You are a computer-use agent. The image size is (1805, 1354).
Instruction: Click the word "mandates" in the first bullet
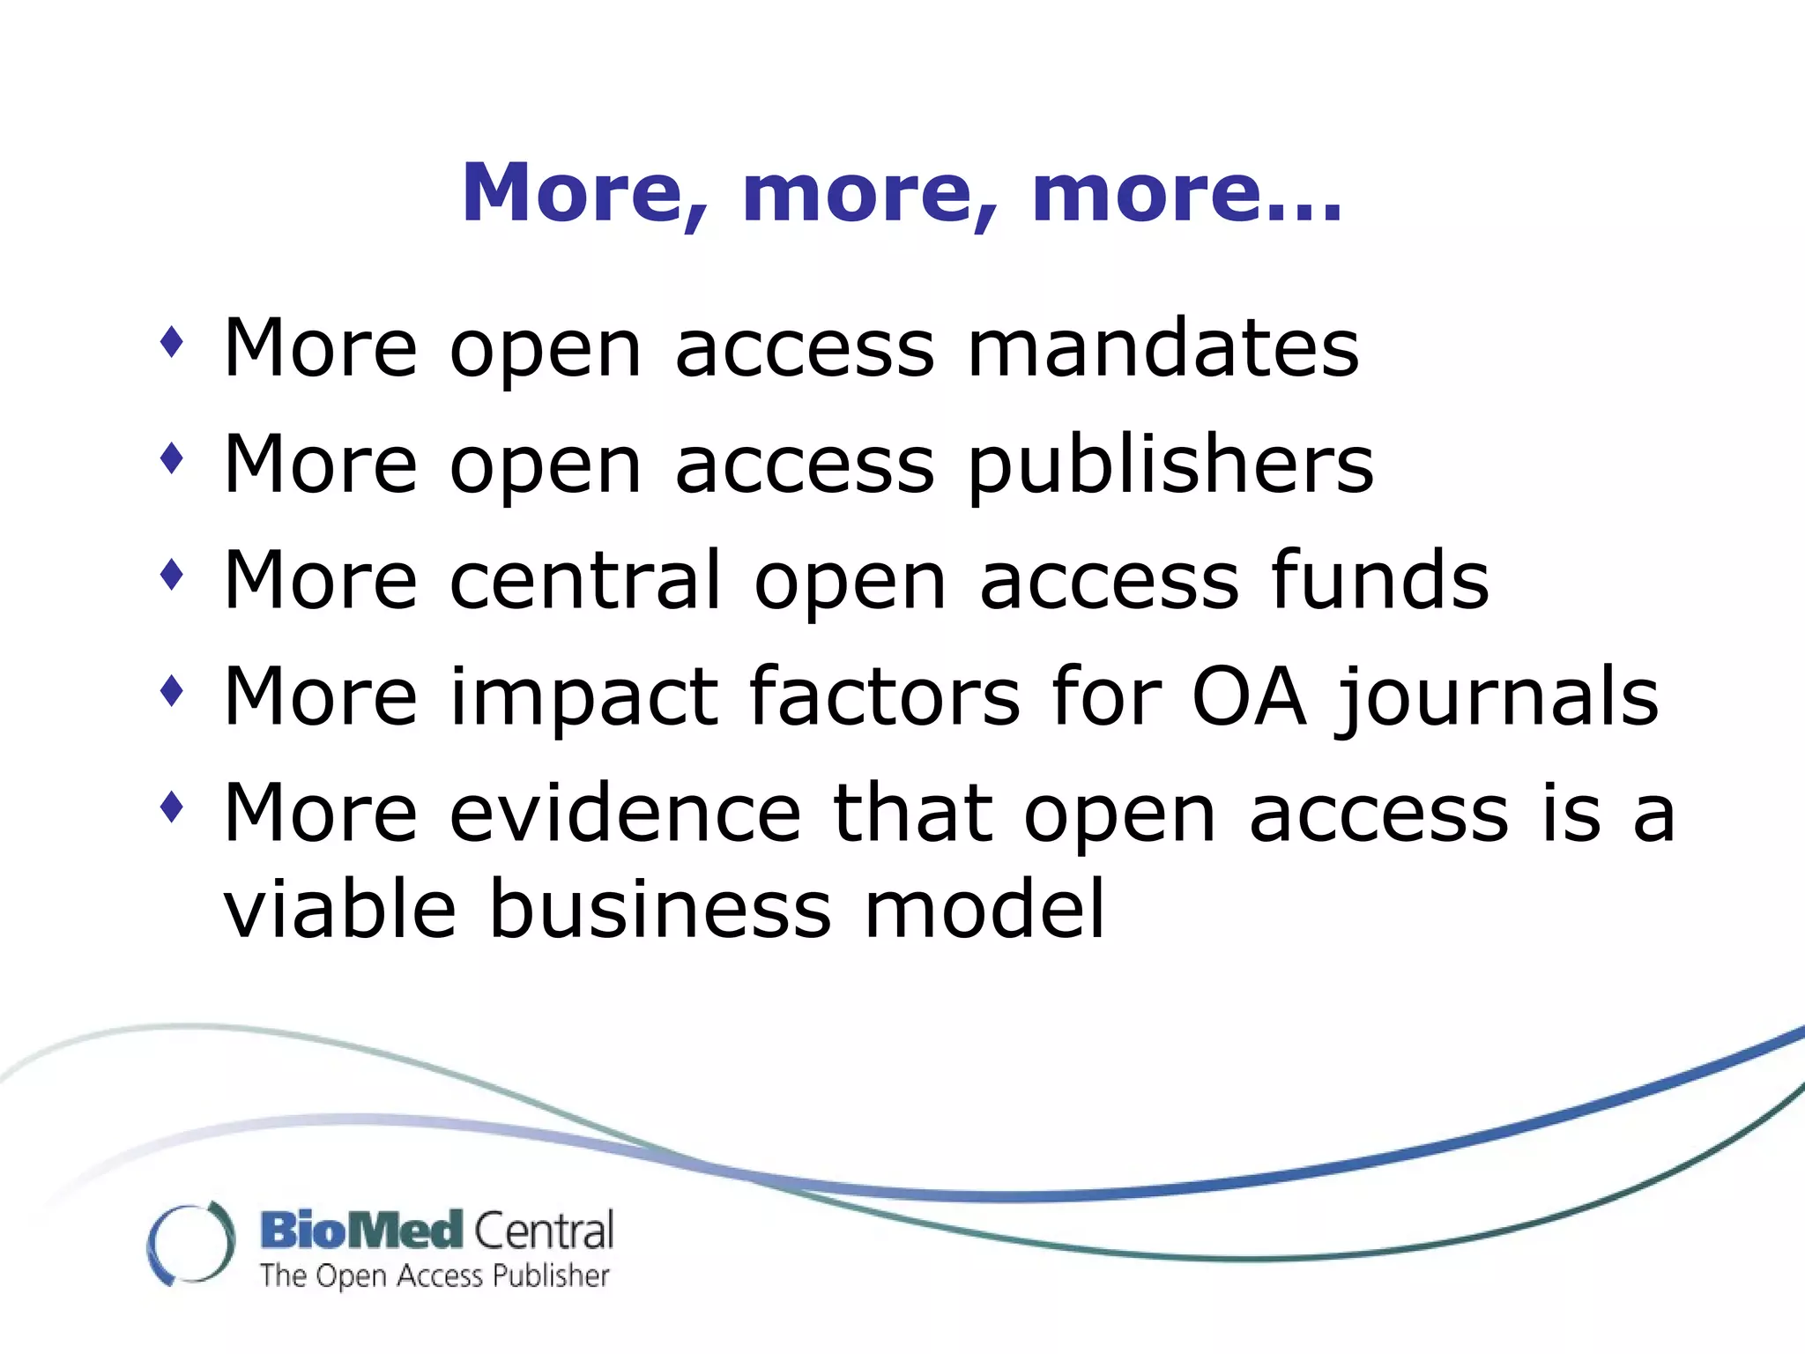[x=1162, y=348]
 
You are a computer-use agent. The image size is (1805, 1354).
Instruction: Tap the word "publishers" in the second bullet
[x=1170, y=465]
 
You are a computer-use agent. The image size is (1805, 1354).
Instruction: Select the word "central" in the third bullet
[x=585, y=580]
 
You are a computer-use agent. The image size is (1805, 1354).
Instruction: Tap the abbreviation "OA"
[x=1247, y=696]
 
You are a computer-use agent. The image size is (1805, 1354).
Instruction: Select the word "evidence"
[x=625, y=813]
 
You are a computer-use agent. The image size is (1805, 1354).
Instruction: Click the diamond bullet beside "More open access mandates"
[x=173, y=342]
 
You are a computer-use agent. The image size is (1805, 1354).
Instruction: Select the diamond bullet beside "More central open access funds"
[x=173, y=575]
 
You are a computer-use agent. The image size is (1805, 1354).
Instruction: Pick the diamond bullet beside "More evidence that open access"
[x=173, y=807]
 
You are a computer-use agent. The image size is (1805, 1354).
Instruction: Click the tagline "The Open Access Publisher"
[x=435, y=1276]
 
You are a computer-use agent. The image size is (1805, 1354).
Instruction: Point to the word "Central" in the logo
[x=544, y=1231]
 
